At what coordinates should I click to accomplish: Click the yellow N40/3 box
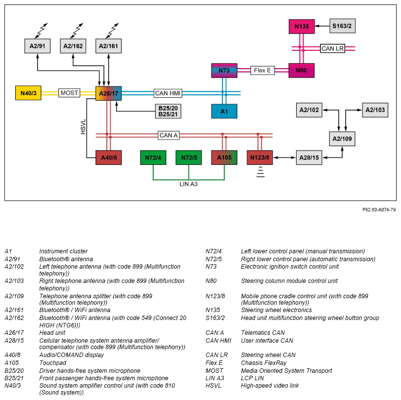pyautogui.click(x=28, y=93)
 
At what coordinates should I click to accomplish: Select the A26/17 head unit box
pyautogui.click(x=108, y=93)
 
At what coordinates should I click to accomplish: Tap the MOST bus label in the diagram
pyautogui.click(x=69, y=93)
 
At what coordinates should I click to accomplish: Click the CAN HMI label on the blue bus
pyautogui.click(x=168, y=93)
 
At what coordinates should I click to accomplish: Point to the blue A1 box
pyautogui.click(x=224, y=112)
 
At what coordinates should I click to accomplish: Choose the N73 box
pyautogui.click(x=224, y=71)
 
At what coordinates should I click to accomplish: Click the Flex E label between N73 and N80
pyautogui.click(x=263, y=70)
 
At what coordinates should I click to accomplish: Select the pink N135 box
pyautogui.click(x=302, y=26)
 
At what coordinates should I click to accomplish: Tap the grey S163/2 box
pyautogui.click(x=342, y=26)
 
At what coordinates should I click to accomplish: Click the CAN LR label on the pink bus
pyautogui.click(x=332, y=48)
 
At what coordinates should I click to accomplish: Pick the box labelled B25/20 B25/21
pyautogui.click(x=168, y=111)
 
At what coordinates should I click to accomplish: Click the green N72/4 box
pyautogui.click(x=153, y=158)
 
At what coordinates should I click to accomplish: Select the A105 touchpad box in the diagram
pyautogui.click(x=224, y=158)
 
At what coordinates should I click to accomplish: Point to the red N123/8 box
pyautogui.click(x=260, y=158)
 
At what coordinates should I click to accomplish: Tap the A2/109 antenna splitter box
pyautogui.click(x=342, y=139)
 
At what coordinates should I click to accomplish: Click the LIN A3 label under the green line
pyautogui.click(x=188, y=184)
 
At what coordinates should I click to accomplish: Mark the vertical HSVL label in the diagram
pyautogui.click(x=83, y=127)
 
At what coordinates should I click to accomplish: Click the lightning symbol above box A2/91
pyautogui.click(x=42, y=31)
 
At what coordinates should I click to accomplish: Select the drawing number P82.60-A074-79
pyautogui.click(x=379, y=210)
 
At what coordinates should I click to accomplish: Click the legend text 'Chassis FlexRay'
pyautogui.click(x=264, y=362)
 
